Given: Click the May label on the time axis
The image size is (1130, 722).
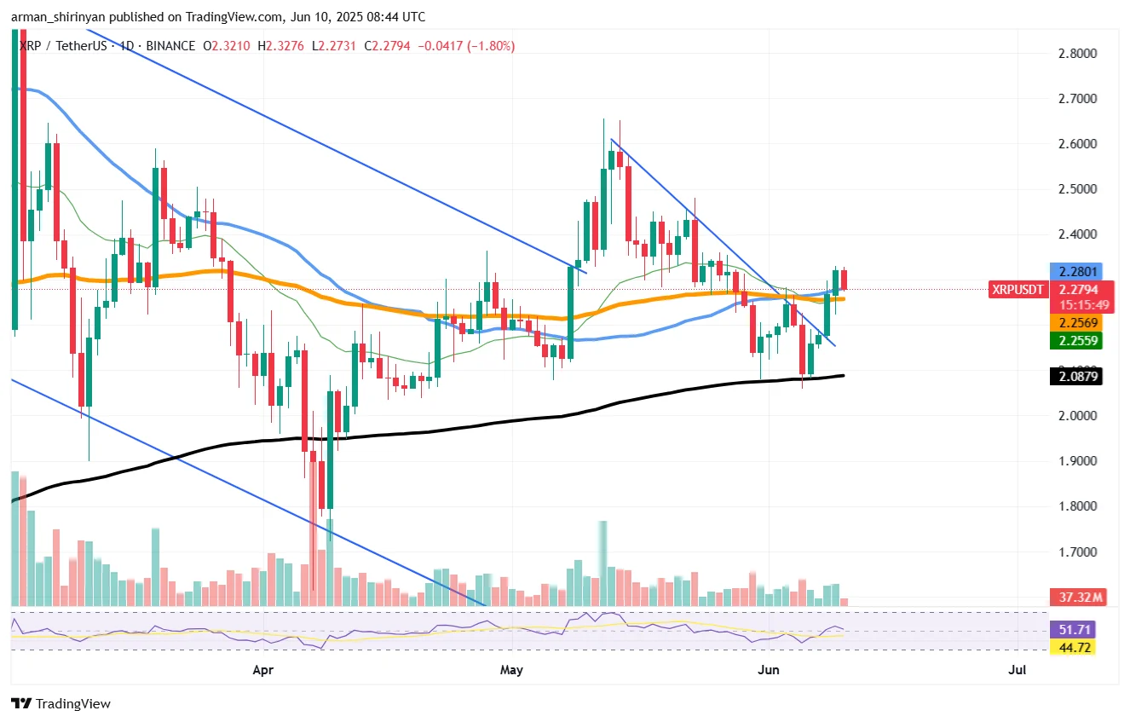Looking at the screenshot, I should coord(511,670).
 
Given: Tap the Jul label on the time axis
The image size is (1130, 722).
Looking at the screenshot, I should coord(1017,670).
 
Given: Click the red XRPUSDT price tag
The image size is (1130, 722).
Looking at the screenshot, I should coord(1018,289).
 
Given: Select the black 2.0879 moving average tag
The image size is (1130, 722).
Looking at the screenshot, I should coord(1076,376).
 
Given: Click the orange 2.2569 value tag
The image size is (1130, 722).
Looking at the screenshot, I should coord(1076,323).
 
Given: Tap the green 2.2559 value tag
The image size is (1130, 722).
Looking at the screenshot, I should coord(1076,341).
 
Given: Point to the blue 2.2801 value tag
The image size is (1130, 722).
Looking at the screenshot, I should coord(1076,272).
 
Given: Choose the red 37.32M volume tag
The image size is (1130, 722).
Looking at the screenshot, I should coord(1076,598).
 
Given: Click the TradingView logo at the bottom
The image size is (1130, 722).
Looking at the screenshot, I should coord(61,704).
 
